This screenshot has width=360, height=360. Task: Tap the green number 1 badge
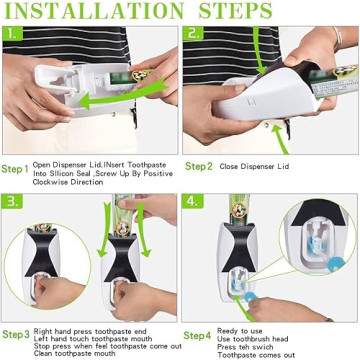[10, 33]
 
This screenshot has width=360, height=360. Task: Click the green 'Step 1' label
[15, 168]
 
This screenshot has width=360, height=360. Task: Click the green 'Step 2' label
[198, 167]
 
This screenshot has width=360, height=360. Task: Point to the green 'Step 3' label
[15, 334]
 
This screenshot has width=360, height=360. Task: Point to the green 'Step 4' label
[198, 334]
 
